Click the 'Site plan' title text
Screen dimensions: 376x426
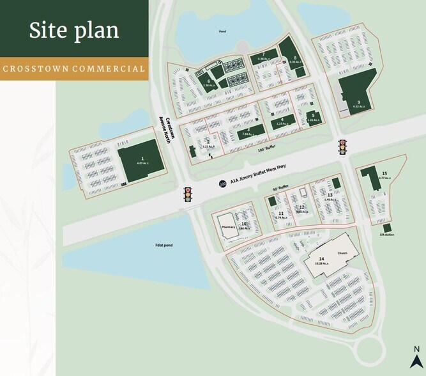click(73, 30)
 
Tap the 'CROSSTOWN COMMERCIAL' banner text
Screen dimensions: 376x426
click(73, 68)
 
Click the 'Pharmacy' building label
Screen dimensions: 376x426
click(228, 225)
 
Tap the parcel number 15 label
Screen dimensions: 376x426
click(384, 173)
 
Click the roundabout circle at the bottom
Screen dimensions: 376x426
click(377, 349)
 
